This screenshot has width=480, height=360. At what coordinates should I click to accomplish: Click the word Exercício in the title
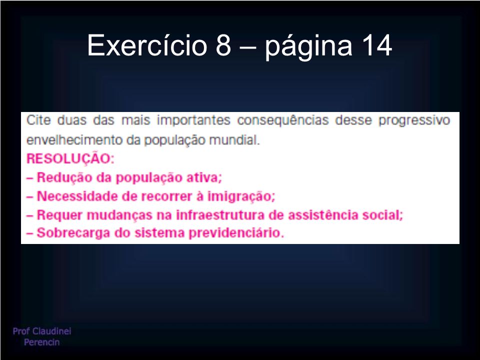tap(147, 45)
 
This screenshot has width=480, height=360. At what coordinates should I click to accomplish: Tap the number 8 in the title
tap(223, 45)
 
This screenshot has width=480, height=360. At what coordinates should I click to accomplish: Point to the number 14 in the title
tap(376, 45)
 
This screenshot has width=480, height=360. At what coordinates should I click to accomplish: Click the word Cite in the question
tap(38, 120)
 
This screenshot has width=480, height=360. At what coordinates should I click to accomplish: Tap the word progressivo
tap(414, 121)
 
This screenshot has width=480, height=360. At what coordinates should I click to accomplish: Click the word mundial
tap(234, 140)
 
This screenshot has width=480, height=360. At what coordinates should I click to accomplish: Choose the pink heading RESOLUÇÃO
tap(70, 159)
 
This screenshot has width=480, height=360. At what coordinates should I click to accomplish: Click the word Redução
tap(65, 177)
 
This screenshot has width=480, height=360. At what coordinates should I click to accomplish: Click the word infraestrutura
tap(220, 215)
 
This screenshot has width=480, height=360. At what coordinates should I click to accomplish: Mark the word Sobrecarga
tap(73, 233)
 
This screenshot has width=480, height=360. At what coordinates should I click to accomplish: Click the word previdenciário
tap(236, 233)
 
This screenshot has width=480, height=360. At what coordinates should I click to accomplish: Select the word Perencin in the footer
tap(41, 342)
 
